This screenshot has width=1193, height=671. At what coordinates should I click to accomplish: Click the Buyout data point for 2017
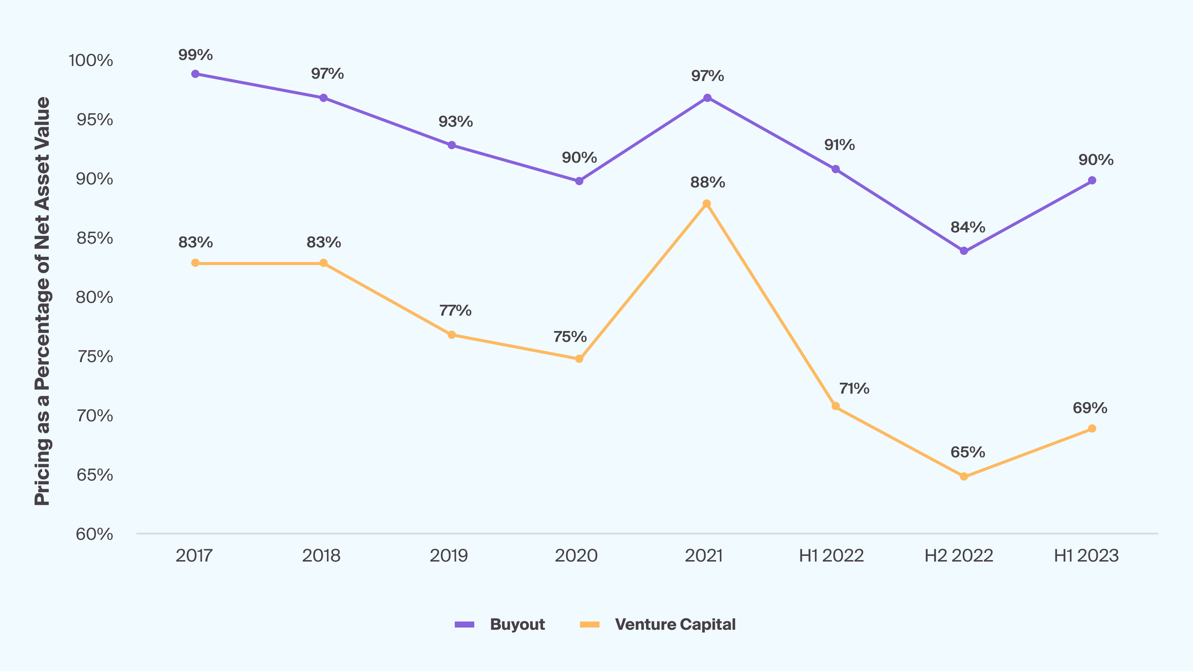click(195, 74)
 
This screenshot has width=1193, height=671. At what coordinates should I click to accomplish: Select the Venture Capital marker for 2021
click(707, 204)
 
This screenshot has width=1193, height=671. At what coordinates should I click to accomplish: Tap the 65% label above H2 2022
click(967, 452)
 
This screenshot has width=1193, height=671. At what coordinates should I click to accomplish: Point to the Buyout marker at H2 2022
click(964, 251)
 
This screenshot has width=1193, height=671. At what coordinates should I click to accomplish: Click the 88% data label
click(707, 183)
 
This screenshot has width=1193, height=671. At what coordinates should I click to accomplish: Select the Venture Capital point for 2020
click(579, 359)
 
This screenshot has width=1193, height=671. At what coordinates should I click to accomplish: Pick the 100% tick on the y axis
click(91, 61)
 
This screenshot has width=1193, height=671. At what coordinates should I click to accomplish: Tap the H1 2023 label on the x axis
click(1086, 556)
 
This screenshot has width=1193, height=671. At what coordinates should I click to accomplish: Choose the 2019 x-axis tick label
click(449, 556)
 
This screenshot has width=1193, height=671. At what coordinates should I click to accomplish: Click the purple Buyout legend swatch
click(465, 625)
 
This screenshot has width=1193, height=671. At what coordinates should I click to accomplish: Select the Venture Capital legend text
click(675, 625)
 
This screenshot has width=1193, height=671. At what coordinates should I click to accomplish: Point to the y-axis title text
click(42, 301)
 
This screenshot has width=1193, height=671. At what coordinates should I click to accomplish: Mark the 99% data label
click(195, 55)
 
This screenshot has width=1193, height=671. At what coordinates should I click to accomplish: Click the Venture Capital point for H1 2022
click(835, 406)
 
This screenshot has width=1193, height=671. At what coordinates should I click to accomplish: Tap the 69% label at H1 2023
click(1090, 408)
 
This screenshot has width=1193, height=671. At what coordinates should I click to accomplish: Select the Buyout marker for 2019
click(451, 145)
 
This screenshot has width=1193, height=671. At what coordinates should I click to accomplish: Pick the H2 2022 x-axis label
click(959, 556)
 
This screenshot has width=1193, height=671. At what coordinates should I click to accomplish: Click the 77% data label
click(455, 310)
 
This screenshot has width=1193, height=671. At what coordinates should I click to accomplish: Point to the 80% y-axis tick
click(94, 297)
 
